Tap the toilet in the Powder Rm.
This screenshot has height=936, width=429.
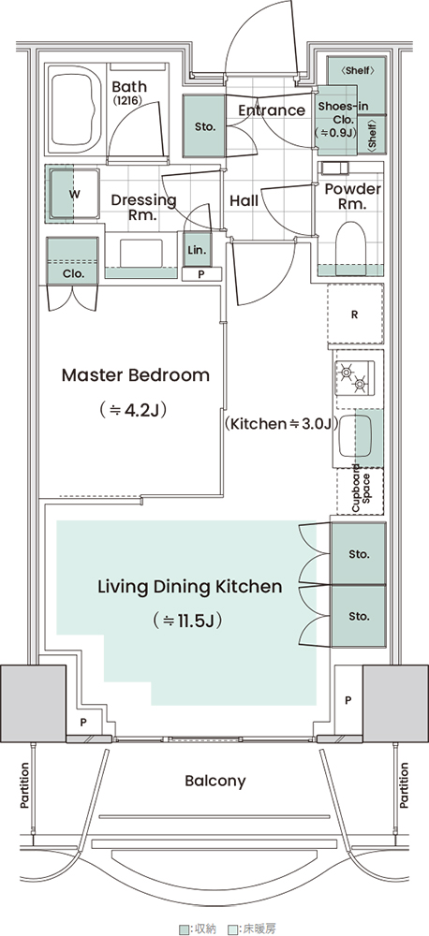[x=350, y=249]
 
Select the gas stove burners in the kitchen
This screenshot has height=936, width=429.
[x=354, y=378]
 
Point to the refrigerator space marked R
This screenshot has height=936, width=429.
[x=355, y=314]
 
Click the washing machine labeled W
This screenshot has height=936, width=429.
[x=74, y=194]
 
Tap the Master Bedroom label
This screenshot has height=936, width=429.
[x=136, y=375]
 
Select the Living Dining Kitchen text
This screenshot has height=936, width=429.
[x=189, y=586]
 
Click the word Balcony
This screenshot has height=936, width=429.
[x=215, y=781]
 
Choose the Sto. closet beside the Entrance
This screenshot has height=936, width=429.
[x=204, y=126]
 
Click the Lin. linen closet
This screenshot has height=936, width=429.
[x=197, y=250]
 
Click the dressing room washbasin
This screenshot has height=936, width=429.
[x=141, y=253]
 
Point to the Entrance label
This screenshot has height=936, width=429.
[x=272, y=110]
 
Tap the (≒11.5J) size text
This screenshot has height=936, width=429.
[x=188, y=621]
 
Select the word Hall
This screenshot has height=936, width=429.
[x=244, y=200]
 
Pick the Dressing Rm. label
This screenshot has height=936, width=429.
[x=143, y=207]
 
